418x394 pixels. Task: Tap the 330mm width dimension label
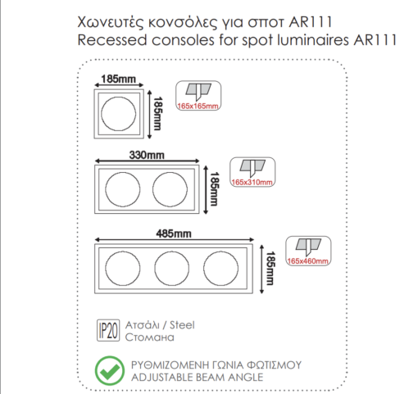pyautogui.click(x=146, y=154)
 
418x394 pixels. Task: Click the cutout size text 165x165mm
pyautogui.click(x=199, y=106)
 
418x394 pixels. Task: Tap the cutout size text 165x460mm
pyautogui.click(x=308, y=260)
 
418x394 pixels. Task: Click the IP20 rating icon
pyautogui.click(x=107, y=329)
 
